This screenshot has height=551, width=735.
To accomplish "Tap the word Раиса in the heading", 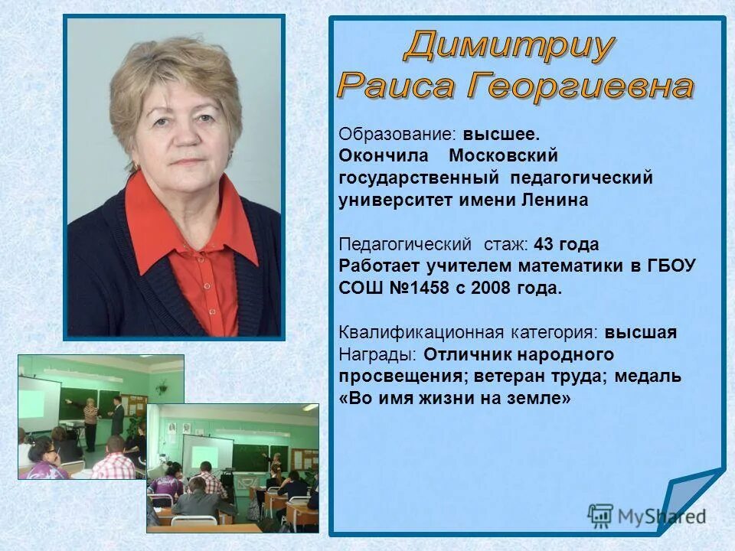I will (x=396, y=85).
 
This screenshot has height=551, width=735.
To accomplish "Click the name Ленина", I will (x=555, y=201).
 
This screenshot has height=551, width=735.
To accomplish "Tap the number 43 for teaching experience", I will (x=544, y=245).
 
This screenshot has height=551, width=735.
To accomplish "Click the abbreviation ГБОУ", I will (x=671, y=267).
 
